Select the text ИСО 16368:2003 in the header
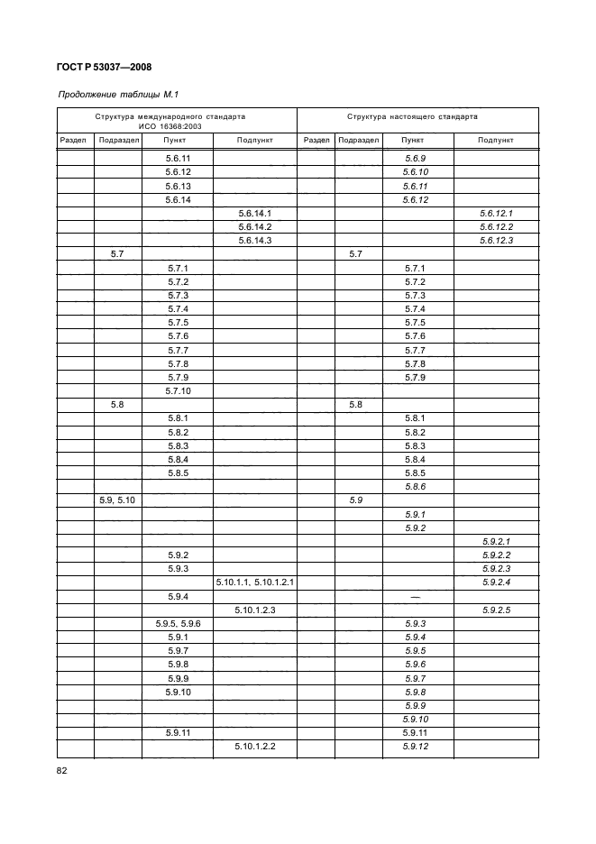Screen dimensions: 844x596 coord(178,127)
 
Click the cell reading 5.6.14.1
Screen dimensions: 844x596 coord(255,213)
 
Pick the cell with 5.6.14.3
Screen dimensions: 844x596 coord(255,241)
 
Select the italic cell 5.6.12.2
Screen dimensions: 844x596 coord(497,227)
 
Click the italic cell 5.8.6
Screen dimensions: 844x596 coord(415,487)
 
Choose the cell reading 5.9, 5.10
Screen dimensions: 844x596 coord(117,500)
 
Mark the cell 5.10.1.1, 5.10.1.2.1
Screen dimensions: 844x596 coord(255,583)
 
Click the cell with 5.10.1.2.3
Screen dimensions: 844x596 coord(255,610)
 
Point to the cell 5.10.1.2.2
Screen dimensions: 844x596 coord(255,748)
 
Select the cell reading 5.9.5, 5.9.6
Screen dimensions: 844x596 coord(178,624)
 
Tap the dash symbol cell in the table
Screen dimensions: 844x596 coord(416,597)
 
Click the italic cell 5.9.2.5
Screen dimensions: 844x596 coord(497,610)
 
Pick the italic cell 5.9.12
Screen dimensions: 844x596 coord(415,748)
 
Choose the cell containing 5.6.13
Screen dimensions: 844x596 coord(179,186)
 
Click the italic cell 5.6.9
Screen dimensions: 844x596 coord(415,158)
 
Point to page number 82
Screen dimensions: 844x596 coord(62,771)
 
